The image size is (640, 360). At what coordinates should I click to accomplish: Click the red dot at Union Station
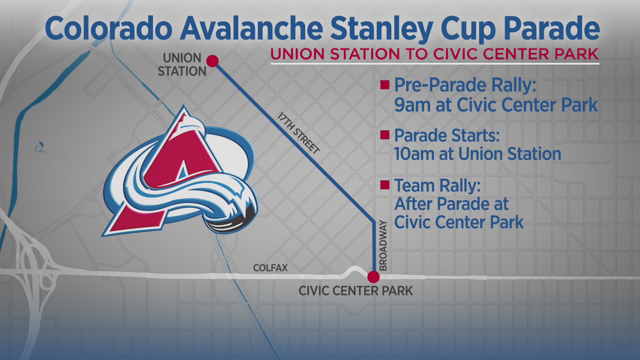pos(212,61)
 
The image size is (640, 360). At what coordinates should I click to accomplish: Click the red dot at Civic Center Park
pos(373,277)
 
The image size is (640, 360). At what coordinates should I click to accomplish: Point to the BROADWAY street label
pos(383,246)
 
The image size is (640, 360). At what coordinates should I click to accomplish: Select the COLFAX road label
pos(270,268)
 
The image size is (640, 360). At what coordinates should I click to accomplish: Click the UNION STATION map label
pos(182,65)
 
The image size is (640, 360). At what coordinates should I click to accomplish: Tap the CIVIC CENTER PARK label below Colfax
pos(356,291)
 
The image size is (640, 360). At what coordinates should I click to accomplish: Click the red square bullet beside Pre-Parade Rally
pos(385,85)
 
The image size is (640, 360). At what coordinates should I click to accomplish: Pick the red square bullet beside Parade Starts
pos(385,135)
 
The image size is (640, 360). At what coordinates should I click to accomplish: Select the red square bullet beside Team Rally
pos(385,185)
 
